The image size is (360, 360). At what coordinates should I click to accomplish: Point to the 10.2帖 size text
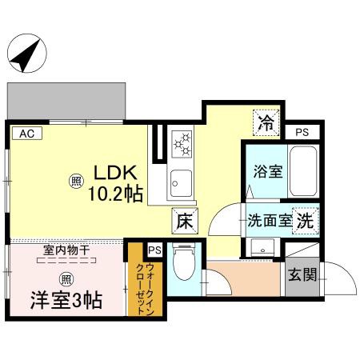coord(116,194)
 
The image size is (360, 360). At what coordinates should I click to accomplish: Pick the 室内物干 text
coord(66,250)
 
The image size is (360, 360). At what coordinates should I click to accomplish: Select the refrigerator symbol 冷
coord(266,123)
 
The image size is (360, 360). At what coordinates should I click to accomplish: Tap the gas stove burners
coord(182,144)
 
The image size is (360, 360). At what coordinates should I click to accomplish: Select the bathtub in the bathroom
coord(304,172)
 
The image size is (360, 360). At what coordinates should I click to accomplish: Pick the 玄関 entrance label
coord(303,275)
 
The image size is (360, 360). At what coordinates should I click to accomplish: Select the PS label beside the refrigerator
coord(302,132)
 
